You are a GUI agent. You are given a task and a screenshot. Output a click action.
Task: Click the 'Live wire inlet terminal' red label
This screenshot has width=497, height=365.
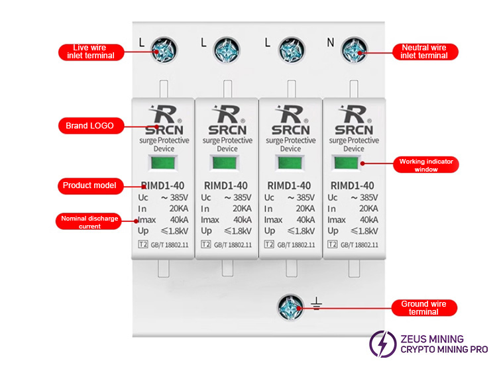90,52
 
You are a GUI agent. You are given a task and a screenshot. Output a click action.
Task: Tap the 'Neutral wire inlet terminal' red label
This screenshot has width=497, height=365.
424,52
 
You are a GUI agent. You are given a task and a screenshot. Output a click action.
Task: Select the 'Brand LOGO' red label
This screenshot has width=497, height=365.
89,125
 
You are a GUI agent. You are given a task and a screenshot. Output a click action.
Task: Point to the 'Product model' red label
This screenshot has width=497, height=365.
89,185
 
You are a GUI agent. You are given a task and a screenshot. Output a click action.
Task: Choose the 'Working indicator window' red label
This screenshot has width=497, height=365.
427,165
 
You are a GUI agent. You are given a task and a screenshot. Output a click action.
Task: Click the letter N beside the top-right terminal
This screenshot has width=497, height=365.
330,44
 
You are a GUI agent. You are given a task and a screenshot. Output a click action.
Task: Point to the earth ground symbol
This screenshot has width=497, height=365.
317,305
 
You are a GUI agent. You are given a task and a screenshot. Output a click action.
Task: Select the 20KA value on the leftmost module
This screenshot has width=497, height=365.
177,209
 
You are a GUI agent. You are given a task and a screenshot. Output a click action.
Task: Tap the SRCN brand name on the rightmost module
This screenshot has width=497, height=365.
353,129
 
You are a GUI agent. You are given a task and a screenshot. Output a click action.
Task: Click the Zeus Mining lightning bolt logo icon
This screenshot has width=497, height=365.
382,344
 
